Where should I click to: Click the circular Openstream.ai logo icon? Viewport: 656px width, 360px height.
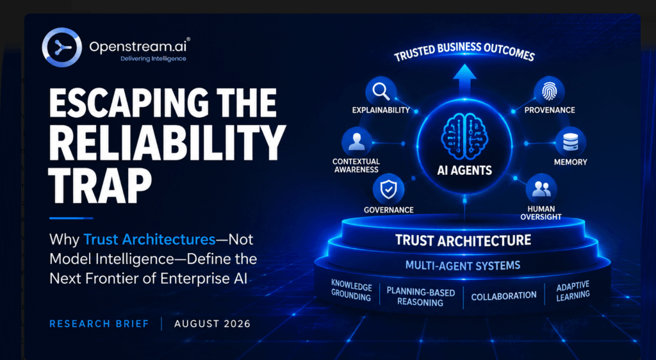[61, 47]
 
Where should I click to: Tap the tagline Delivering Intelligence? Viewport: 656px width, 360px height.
[153, 59]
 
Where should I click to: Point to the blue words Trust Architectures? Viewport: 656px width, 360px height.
[149, 240]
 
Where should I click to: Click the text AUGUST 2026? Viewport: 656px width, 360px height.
[213, 323]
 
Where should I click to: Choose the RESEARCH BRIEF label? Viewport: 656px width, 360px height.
[99, 323]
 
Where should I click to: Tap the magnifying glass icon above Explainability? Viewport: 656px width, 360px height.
[381, 91]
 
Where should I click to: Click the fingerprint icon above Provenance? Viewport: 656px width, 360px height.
[549, 91]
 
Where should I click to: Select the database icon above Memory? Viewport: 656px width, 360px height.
[570, 142]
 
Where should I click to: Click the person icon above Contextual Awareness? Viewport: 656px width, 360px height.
[357, 142]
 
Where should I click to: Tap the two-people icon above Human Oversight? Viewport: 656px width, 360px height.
[541, 189]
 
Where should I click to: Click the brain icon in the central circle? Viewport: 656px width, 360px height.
[464, 135]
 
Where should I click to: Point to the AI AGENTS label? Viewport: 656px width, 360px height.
[464, 170]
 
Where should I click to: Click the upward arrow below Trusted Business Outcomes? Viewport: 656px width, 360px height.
[464, 80]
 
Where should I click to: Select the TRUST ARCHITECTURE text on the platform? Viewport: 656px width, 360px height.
[463, 240]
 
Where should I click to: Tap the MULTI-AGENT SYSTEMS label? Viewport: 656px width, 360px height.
[463, 265]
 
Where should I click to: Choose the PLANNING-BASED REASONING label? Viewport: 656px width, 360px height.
[420, 297]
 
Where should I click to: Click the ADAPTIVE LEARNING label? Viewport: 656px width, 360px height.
[573, 291]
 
